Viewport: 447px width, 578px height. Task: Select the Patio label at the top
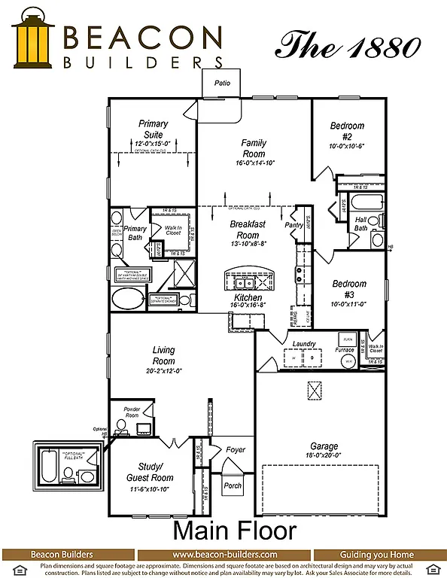(x=221, y=83)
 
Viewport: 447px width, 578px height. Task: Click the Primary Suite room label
(x=153, y=129)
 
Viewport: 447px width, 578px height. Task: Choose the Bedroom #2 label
(x=347, y=131)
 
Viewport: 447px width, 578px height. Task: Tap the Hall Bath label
(x=361, y=224)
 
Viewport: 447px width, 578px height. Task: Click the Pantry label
(x=293, y=224)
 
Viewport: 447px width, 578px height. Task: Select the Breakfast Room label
(x=248, y=229)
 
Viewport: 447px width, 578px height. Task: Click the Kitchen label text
(x=248, y=298)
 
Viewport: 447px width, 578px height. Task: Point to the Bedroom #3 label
(x=349, y=289)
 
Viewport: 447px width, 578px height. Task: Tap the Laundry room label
(x=303, y=344)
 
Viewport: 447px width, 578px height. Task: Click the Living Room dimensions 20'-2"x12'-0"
(x=163, y=371)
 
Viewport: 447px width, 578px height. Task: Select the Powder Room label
(x=132, y=412)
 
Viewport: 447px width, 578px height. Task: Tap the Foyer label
(x=236, y=449)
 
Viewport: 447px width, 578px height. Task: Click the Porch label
(x=233, y=485)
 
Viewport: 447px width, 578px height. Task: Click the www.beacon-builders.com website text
(x=223, y=555)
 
